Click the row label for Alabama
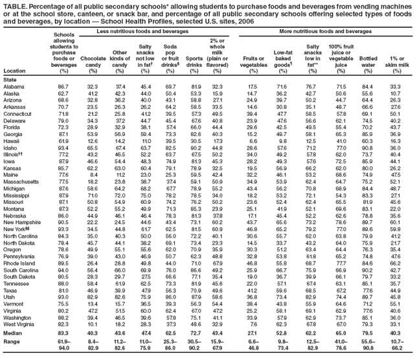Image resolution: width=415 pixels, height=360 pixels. (x=14, y=86)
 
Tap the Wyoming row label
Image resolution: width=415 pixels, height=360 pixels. (x=16, y=325)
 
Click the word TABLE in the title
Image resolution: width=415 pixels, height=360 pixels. (x=16, y=6)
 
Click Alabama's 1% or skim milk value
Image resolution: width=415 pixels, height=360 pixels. (x=399, y=86)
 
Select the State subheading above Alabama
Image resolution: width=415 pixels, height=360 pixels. (x=10, y=79)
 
